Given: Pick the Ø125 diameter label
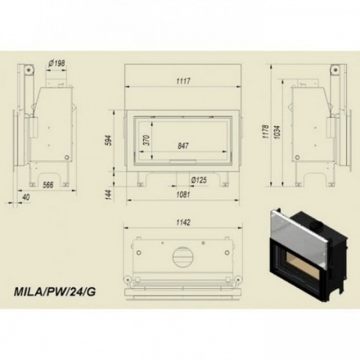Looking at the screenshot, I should [198, 179].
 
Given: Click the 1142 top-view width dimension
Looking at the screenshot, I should [184, 222].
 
